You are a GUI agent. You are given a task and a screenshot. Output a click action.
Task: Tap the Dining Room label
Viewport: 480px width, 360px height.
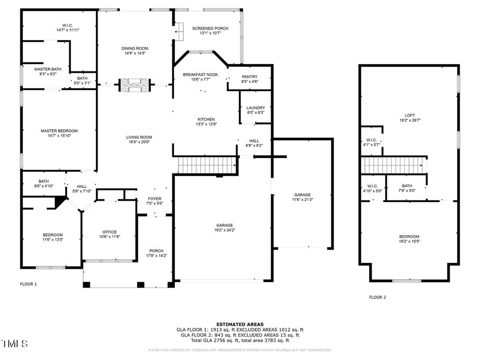point(135,49)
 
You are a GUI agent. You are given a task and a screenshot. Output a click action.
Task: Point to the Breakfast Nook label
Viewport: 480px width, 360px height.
point(200,75)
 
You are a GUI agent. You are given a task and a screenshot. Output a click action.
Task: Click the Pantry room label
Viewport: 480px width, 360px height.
point(250,77)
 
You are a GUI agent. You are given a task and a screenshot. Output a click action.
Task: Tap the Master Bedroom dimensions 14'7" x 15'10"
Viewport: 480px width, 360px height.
point(59,135)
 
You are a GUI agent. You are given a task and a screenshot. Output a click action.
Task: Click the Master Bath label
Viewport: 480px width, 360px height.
point(46,69)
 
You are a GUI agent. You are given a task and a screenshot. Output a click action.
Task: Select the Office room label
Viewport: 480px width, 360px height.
point(109,232)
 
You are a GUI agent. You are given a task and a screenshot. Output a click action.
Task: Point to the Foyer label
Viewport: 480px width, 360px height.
point(155,199)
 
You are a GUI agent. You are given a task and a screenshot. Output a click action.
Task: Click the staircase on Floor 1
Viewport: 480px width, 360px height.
point(206,165)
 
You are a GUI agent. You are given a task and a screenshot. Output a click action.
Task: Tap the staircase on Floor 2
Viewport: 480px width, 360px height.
point(394,165)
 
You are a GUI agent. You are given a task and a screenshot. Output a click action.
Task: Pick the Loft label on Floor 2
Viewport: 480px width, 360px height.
point(410,115)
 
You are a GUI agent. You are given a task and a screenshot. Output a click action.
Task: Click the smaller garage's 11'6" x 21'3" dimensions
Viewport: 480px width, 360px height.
point(302,199)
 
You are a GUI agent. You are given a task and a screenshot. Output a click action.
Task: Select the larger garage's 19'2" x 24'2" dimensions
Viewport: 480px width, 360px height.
point(224,230)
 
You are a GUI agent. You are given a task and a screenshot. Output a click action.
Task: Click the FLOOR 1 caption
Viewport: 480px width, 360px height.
point(28,284)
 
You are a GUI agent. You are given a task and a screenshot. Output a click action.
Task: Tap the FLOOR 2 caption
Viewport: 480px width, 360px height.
point(377,298)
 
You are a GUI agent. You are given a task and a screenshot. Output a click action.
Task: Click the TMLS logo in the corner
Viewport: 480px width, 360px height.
point(14,343)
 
